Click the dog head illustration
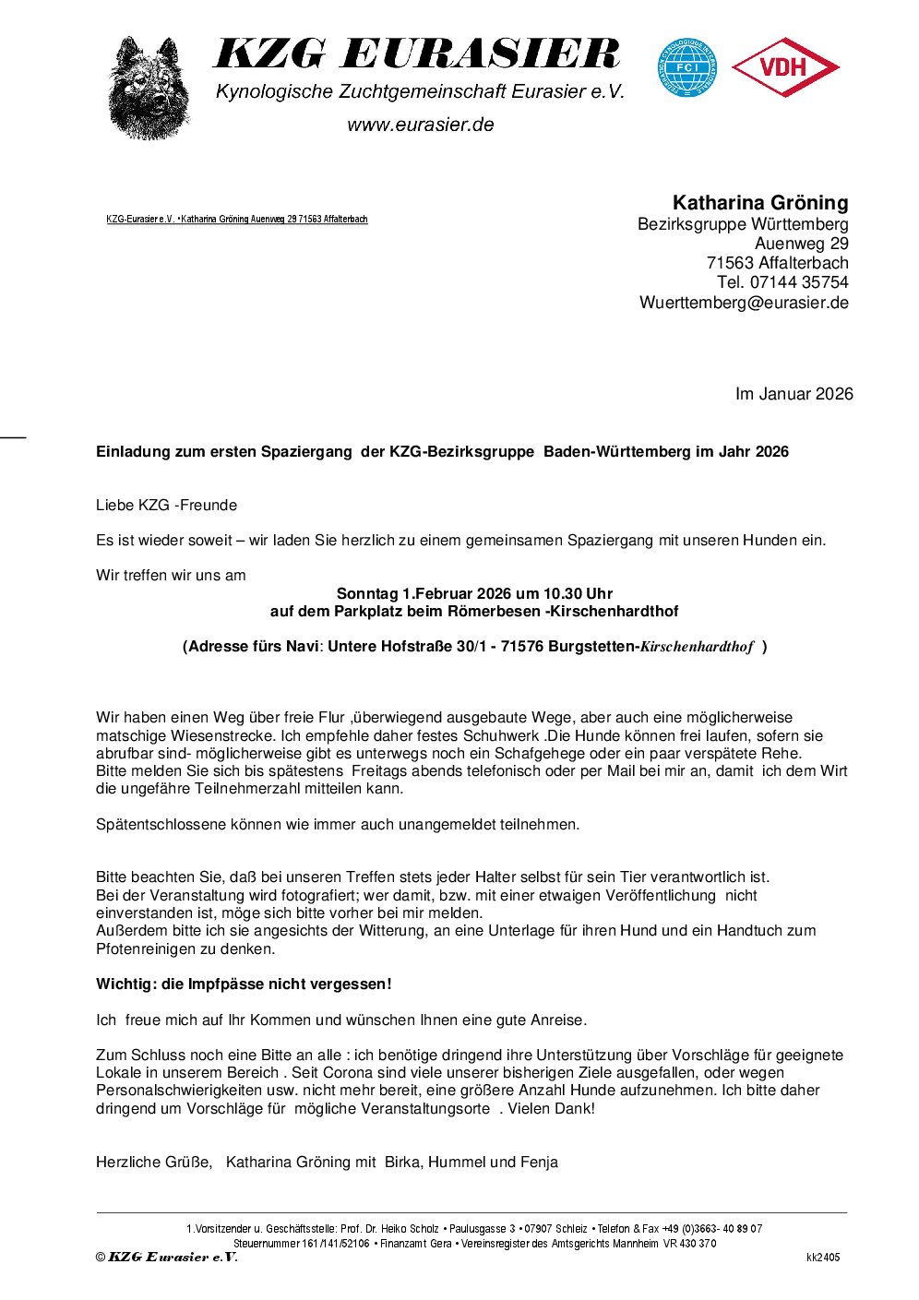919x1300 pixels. [149, 88]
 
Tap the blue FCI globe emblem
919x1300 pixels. [686, 67]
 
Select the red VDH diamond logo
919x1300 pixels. [784, 67]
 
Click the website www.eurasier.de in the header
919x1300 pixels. [421, 125]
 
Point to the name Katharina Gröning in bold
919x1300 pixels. [759, 203]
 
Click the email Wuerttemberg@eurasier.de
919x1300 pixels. [744, 303]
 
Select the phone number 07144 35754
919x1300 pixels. [799, 282]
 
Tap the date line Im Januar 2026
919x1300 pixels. [794, 394]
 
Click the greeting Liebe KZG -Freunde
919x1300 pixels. [166, 506]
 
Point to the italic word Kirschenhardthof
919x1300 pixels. [697, 647]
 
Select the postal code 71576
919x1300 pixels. [521, 647]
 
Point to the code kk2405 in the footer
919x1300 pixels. [823, 1258]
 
